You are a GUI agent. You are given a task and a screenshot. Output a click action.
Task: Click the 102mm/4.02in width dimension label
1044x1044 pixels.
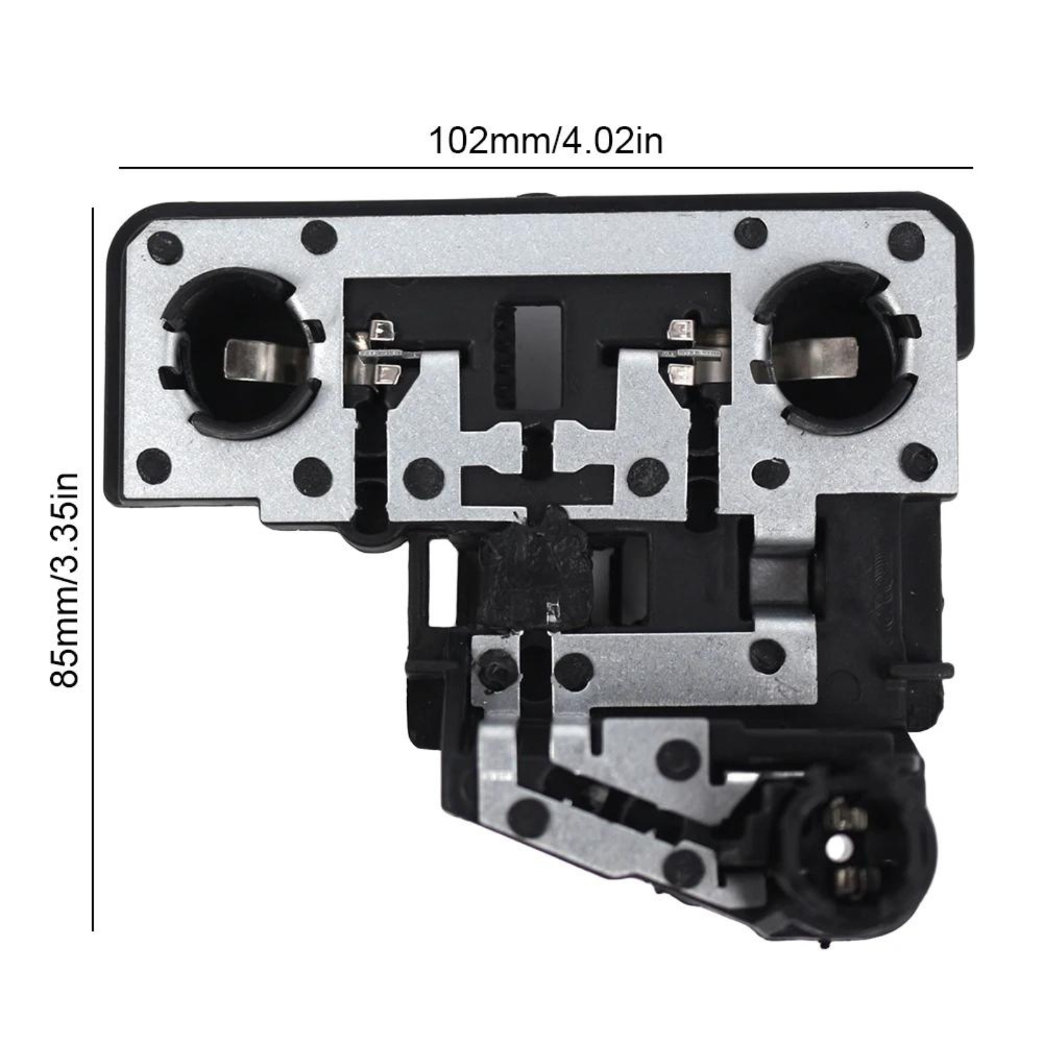coord(545,141)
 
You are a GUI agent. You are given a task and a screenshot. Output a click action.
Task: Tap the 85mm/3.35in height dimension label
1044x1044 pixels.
coord(65,579)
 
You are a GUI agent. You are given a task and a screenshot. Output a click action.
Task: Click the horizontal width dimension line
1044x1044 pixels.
coord(545,168)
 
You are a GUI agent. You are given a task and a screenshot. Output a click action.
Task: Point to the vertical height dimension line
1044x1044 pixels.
coord(93,569)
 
